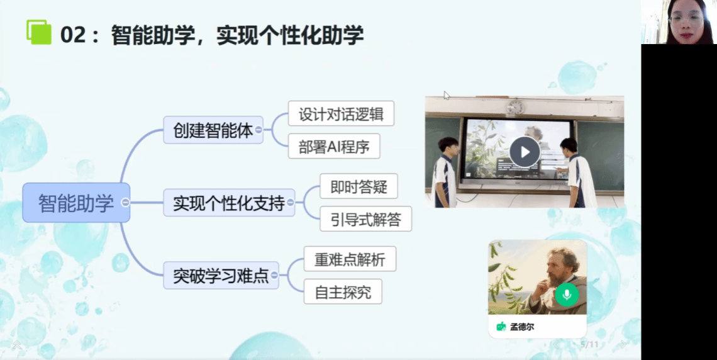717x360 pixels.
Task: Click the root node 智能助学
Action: click(76, 203)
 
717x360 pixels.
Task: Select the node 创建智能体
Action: click(213, 130)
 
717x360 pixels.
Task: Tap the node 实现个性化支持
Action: click(229, 203)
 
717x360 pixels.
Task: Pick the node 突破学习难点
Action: click(221, 276)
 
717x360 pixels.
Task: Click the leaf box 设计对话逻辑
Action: click(341, 113)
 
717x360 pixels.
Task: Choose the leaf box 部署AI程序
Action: click(334, 146)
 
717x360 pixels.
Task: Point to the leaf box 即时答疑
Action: click(358, 186)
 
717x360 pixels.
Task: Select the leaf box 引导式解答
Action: click(366, 218)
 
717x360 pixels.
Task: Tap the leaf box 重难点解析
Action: click(350, 259)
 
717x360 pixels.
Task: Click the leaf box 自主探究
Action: click(343, 291)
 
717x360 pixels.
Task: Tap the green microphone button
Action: click(567, 295)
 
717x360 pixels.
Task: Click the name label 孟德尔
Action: click(522, 327)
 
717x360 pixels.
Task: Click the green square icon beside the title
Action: click(39, 32)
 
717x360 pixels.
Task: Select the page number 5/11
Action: click(589, 344)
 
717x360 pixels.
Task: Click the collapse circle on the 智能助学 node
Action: click(125, 203)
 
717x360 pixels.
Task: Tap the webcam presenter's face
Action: click(686, 21)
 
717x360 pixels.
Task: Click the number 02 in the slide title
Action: click(73, 35)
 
